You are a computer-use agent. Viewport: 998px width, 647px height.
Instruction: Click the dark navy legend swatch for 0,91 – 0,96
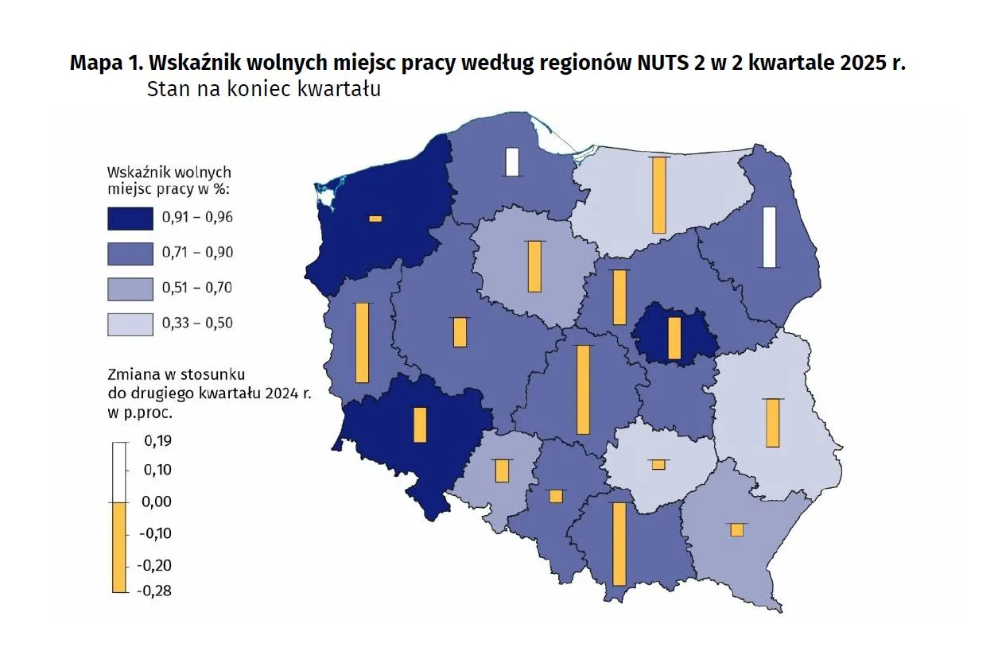pos(130,217)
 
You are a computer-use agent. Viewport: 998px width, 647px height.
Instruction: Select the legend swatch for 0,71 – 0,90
pos(130,253)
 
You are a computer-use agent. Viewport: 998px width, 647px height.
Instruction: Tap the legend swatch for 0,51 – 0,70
pos(130,288)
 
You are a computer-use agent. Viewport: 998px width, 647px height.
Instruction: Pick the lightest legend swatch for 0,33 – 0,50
pos(130,323)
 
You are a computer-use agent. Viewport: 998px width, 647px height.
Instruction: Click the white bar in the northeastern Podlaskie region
pos(769,237)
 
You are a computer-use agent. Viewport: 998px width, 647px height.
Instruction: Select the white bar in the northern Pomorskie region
pos(512,161)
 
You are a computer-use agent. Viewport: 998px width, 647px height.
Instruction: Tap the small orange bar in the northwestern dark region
pos(375,219)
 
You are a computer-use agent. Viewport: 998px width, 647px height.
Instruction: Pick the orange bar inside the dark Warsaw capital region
pos(674,338)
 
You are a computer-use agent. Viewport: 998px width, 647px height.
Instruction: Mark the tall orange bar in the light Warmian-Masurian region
pos(658,195)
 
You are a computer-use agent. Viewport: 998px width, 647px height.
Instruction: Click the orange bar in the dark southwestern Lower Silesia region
pos(420,424)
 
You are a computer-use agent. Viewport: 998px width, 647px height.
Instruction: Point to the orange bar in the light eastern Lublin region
pos(772,423)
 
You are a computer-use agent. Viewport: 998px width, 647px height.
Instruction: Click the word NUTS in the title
pos(666,63)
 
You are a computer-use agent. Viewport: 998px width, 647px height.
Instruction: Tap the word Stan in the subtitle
pos(165,89)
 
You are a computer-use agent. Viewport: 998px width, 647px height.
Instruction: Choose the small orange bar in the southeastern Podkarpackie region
pos(737,529)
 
